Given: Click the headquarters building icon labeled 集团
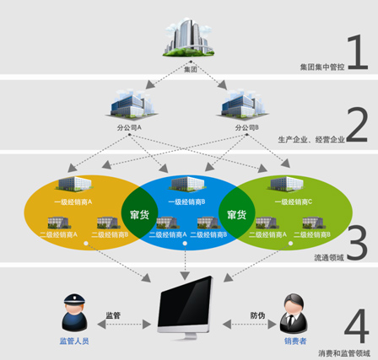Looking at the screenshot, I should tap(189, 37).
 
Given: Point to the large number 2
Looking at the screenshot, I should tap(357, 126).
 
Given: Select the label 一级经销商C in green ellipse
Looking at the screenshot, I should tap(292, 202).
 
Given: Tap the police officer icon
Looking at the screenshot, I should tap(73, 313).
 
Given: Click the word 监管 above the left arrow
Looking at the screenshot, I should tap(113, 316).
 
